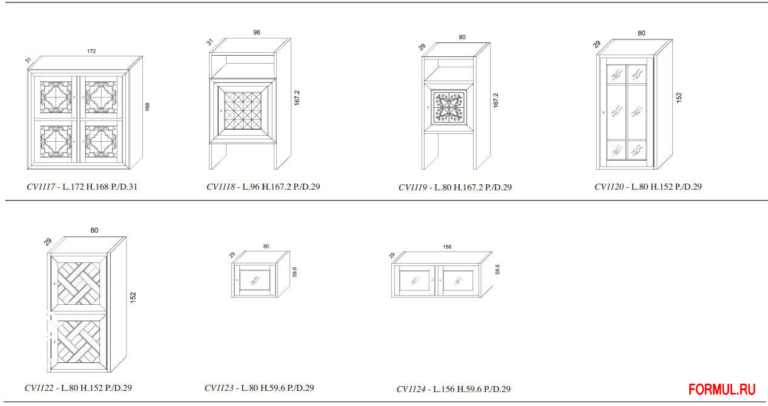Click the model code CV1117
[x=41, y=187]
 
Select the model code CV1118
[x=220, y=187]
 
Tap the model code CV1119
[x=412, y=188]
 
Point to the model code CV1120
[x=609, y=187]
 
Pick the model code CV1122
[x=39, y=388]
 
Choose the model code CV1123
[x=219, y=388]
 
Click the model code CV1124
[x=411, y=389]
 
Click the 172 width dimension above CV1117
[x=91, y=52]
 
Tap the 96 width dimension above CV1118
[x=257, y=33]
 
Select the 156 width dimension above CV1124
[x=447, y=247]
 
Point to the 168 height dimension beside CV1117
[x=147, y=107]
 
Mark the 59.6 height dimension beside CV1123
[x=294, y=271]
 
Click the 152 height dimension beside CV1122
[x=133, y=297]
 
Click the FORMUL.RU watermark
[x=722, y=389]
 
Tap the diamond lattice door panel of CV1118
[x=242, y=111]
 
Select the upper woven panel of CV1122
[x=78, y=283]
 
